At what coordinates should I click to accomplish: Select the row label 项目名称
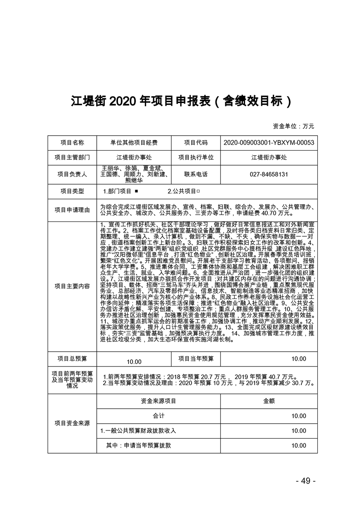(x=72, y=142)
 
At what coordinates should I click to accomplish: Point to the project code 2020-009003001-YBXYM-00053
(x=269, y=142)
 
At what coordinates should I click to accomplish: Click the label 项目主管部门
(x=72, y=157)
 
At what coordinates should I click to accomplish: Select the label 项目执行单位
(x=196, y=157)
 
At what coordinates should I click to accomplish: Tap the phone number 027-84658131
(x=269, y=174)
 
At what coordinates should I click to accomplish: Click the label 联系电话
(x=196, y=174)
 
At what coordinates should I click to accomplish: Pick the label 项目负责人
(x=72, y=174)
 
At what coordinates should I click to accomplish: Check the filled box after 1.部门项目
(x=136, y=191)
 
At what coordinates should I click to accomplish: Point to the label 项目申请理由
(x=72, y=210)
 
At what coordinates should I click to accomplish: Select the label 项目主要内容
(x=72, y=286)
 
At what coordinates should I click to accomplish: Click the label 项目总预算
(x=72, y=358)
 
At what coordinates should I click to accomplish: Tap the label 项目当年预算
(x=196, y=358)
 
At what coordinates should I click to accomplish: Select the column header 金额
(x=269, y=401)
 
